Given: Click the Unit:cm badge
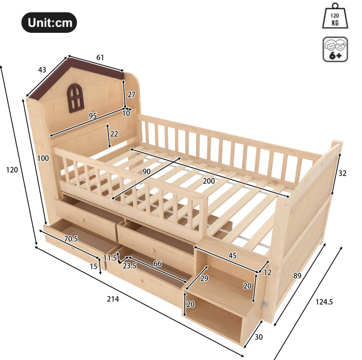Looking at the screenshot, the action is pos(49,22).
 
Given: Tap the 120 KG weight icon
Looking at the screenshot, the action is pos(335,16).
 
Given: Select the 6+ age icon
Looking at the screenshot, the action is pos(335,49).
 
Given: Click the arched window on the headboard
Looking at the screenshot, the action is pos(75,98).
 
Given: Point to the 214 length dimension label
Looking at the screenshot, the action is pos(113,299).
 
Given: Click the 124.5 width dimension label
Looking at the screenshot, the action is pos(324,302).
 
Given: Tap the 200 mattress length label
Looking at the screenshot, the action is pos(209,181).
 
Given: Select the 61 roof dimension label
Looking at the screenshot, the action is pos(100,58).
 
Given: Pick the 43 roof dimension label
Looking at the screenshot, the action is pos(42,70).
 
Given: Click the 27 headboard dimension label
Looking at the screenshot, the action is pos(131,94).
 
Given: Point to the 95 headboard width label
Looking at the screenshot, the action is pos(93,116).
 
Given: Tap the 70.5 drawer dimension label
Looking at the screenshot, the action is pos(71,239).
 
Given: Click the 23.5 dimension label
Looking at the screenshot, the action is pos(130,266).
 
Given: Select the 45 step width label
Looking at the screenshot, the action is pos(233,256).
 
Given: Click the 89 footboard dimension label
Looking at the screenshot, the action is pos(297,276).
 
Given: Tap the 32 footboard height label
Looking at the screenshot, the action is pos(342,173).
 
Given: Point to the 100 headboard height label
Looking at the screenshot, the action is pos(43,158).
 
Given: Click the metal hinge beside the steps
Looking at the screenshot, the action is pos(265,305).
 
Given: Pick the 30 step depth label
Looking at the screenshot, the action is pos(259,337).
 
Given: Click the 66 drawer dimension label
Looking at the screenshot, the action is pos(157,263).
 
